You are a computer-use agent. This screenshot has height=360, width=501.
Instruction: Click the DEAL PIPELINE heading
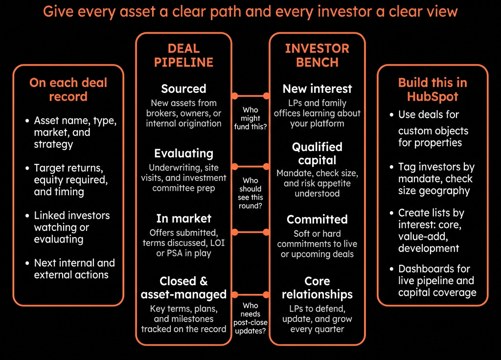184,55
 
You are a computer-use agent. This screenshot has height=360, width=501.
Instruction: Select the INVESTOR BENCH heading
317,55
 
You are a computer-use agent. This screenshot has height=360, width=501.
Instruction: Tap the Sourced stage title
184,89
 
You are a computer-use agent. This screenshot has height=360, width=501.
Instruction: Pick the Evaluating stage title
184,153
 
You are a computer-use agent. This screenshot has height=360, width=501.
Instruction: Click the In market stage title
184,219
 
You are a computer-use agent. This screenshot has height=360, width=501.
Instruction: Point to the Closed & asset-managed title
184,288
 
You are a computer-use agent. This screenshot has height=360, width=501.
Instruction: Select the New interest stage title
317,89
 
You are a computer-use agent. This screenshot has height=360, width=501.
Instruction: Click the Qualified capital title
317,154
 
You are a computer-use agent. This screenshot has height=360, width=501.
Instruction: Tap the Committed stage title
317,220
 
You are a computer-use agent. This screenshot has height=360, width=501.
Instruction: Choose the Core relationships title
317,288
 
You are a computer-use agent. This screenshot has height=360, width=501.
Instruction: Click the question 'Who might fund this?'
250,118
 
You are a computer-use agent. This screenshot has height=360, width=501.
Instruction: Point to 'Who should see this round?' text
250,193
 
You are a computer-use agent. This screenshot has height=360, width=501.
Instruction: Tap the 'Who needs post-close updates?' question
250,318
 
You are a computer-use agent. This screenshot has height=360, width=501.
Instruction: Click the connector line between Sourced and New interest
250,95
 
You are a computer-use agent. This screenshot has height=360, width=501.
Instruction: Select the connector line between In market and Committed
250,232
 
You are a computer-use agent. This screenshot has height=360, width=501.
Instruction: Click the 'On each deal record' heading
68,90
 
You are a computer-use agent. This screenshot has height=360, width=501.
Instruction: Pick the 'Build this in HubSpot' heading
433,90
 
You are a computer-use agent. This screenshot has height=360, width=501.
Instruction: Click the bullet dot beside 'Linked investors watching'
27,216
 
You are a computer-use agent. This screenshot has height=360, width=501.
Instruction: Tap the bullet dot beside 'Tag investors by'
391,167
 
